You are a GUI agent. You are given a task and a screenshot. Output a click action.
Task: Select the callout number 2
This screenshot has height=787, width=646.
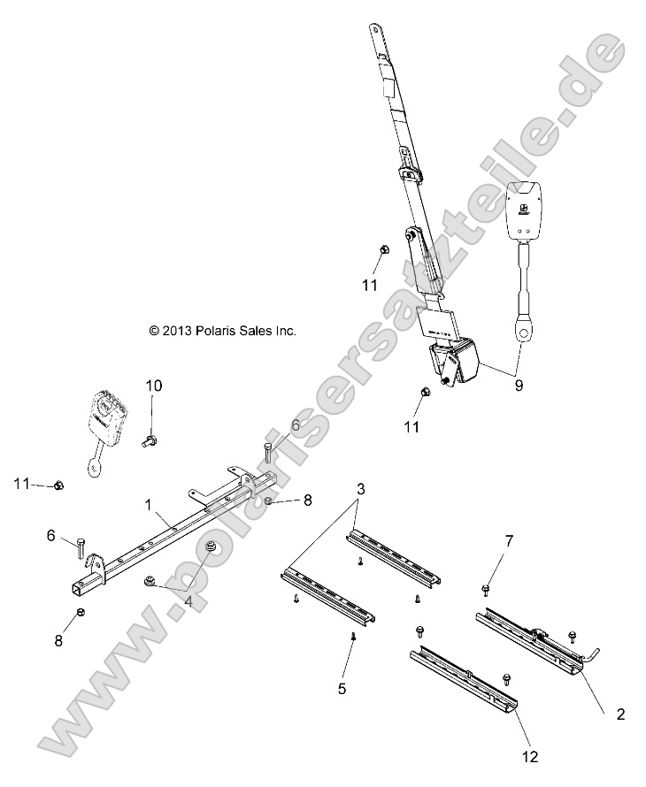click(620, 714)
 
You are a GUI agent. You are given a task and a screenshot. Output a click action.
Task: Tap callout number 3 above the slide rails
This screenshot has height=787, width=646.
click(360, 489)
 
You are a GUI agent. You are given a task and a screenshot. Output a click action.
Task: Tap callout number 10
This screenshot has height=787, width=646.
click(154, 386)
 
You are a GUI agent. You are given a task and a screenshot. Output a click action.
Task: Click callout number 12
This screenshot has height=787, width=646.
click(530, 757)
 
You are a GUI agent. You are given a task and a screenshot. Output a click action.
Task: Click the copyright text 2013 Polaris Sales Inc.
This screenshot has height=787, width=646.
click(222, 331)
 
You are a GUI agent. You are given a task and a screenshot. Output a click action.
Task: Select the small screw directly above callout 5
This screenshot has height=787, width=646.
click(353, 636)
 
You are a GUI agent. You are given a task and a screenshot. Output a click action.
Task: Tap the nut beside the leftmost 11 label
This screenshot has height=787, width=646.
click(58, 484)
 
